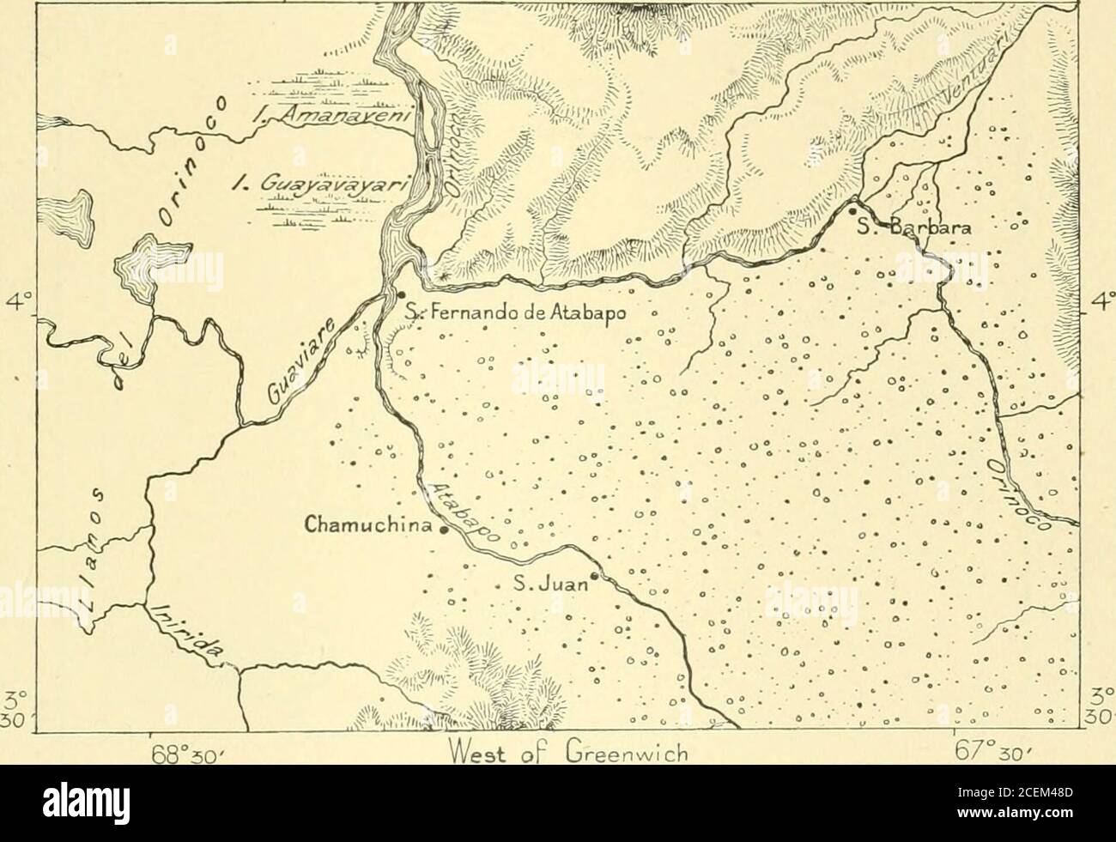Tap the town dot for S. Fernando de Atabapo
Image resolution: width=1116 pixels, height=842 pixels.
point(402,294)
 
